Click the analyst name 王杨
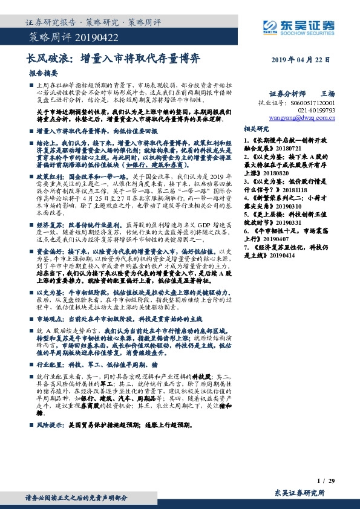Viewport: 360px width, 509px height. point(327,94)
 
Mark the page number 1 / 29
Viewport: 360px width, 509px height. point(326,480)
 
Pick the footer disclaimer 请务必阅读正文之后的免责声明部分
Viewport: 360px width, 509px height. point(76,498)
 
